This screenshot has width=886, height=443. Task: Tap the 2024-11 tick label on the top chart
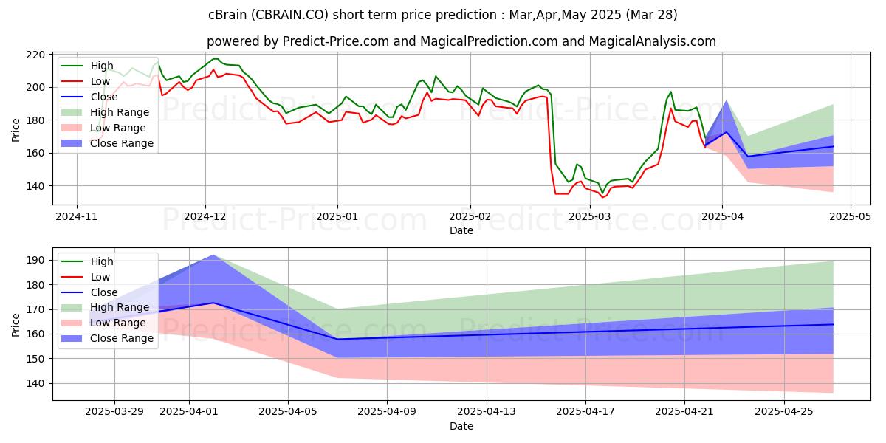[77, 217]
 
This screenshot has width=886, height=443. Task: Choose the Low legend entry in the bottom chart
[100, 277]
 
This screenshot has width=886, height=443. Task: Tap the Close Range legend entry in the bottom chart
[122, 338]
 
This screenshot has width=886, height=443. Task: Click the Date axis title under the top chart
[461, 230]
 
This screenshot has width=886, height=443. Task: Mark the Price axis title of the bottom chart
[16, 323]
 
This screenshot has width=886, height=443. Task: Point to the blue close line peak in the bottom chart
[213, 303]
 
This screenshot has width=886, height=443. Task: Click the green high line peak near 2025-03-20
[670, 92]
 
